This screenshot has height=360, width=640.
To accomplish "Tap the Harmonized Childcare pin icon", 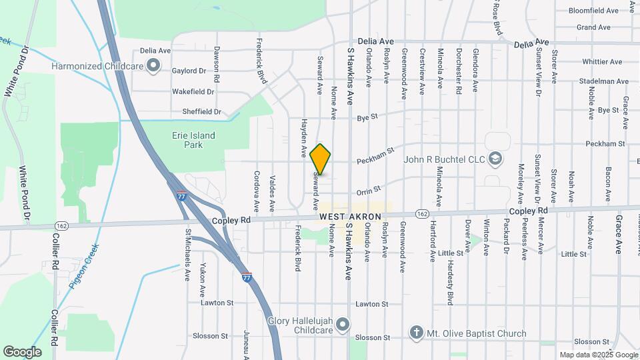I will pyautogui.click(x=154, y=65).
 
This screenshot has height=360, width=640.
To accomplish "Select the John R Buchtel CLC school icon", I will pyautogui.click(x=495, y=159).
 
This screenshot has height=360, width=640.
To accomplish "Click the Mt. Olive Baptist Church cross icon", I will pyautogui.click(x=417, y=332).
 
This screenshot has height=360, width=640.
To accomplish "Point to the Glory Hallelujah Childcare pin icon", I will pyautogui.click(x=343, y=325).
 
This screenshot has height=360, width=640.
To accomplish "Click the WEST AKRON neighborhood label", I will pyautogui.click(x=350, y=217).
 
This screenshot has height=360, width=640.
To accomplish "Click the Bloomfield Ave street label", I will pyautogui.click(x=594, y=11).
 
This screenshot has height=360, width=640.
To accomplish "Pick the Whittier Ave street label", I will pyautogui.click(x=601, y=61).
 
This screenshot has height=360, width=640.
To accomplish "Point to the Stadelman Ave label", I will pyautogui.click(x=604, y=81).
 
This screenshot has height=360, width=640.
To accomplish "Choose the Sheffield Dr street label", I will pyautogui.click(x=196, y=112).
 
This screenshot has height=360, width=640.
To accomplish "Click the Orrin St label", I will pyautogui.click(x=368, y=191).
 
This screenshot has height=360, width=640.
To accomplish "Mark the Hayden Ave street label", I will pyautogui.click(x=303, y=143).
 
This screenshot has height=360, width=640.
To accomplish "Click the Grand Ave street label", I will pyautogui.click(x=593, y=27).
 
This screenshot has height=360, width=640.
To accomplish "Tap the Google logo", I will pyautogui.click(x=22, y=352).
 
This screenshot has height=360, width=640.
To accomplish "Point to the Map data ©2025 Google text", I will pyautogui.click(x=598, y=355).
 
